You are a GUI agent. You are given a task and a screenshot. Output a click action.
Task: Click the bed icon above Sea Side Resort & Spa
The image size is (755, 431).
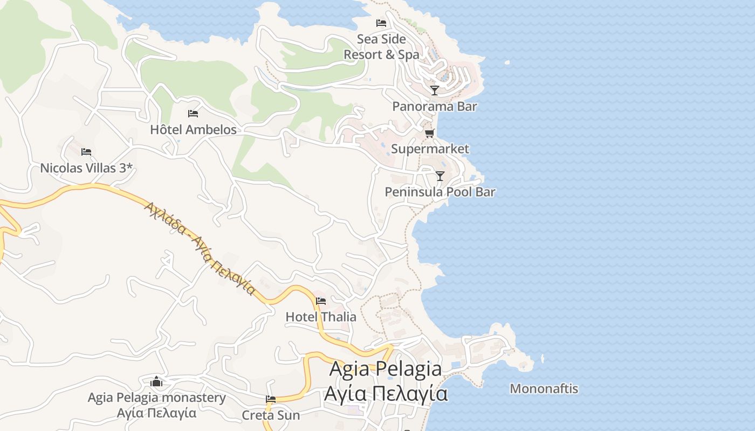[x=381, y=23]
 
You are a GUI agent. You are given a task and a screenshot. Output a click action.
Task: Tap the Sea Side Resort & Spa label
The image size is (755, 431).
[x=381, y=47]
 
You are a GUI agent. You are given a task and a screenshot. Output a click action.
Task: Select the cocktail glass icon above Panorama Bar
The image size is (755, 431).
[x=435, y=90]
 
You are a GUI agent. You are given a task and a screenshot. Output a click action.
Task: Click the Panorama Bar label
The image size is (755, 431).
[x=435, y=106]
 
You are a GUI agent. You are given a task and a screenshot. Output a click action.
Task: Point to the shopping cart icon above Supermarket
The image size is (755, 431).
[x=429, y=133]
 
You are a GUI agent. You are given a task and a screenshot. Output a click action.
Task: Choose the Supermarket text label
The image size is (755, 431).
[x=430, y=149]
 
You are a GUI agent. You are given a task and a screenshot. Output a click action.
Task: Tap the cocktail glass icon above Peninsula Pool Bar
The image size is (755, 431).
[x=440, y=176]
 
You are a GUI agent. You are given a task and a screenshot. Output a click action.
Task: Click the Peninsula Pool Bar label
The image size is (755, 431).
[x=440, y=192]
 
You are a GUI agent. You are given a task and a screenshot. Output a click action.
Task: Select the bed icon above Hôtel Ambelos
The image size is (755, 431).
[x=193, y=114]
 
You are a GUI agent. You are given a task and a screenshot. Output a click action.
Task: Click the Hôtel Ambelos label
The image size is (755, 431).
[x=193, y=129]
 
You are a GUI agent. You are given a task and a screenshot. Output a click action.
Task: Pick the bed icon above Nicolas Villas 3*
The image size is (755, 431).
[x=86, y=152]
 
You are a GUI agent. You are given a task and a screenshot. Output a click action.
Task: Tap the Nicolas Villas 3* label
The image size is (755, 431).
[x=86, y=168]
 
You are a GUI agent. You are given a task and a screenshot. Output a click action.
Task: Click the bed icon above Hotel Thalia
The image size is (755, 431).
[x=321, y=301]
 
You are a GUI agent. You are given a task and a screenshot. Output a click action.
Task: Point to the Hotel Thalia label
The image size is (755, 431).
[x=321, y=317]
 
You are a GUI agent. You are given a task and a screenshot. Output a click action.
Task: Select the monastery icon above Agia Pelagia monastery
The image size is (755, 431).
[x=156, y=381]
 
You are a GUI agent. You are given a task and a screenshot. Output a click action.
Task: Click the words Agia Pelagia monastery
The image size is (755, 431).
[x=156, y=398]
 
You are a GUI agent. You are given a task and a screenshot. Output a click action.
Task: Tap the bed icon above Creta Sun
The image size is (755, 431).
[x=271, y=399]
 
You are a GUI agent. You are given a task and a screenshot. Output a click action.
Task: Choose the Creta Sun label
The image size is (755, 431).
[x=271, y=415]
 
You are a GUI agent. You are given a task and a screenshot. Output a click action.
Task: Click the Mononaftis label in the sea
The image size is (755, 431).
[x=544, y=388]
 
